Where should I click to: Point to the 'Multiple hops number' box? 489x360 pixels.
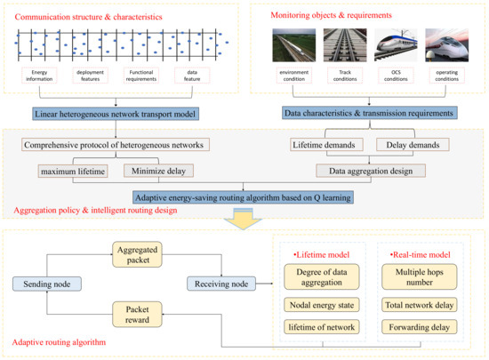coord(417,276)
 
